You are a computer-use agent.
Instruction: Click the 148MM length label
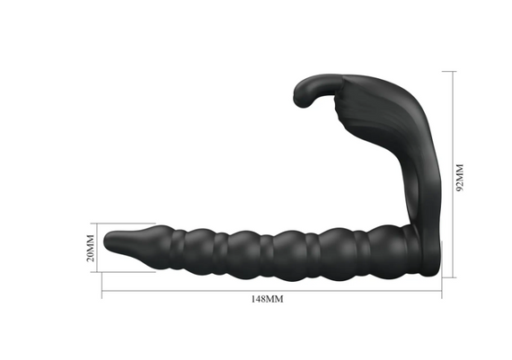click(x=267, y=299)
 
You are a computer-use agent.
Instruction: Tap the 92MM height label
click(x=460, y=178)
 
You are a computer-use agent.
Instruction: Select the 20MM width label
click(x=91, y=248)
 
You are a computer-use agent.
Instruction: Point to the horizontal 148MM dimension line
click(x=271, y=291)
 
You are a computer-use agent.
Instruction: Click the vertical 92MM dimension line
click(x=453, y=174)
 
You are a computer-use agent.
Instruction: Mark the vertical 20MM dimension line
click(x=97, y=248)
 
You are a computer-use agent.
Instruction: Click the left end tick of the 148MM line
click(x=102, y=285)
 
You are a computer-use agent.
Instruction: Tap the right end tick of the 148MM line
click(x=442, y=269)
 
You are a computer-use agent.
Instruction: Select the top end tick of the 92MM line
click(x=449, y=71)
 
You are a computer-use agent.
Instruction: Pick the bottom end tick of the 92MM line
click(x=449, y=277)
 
